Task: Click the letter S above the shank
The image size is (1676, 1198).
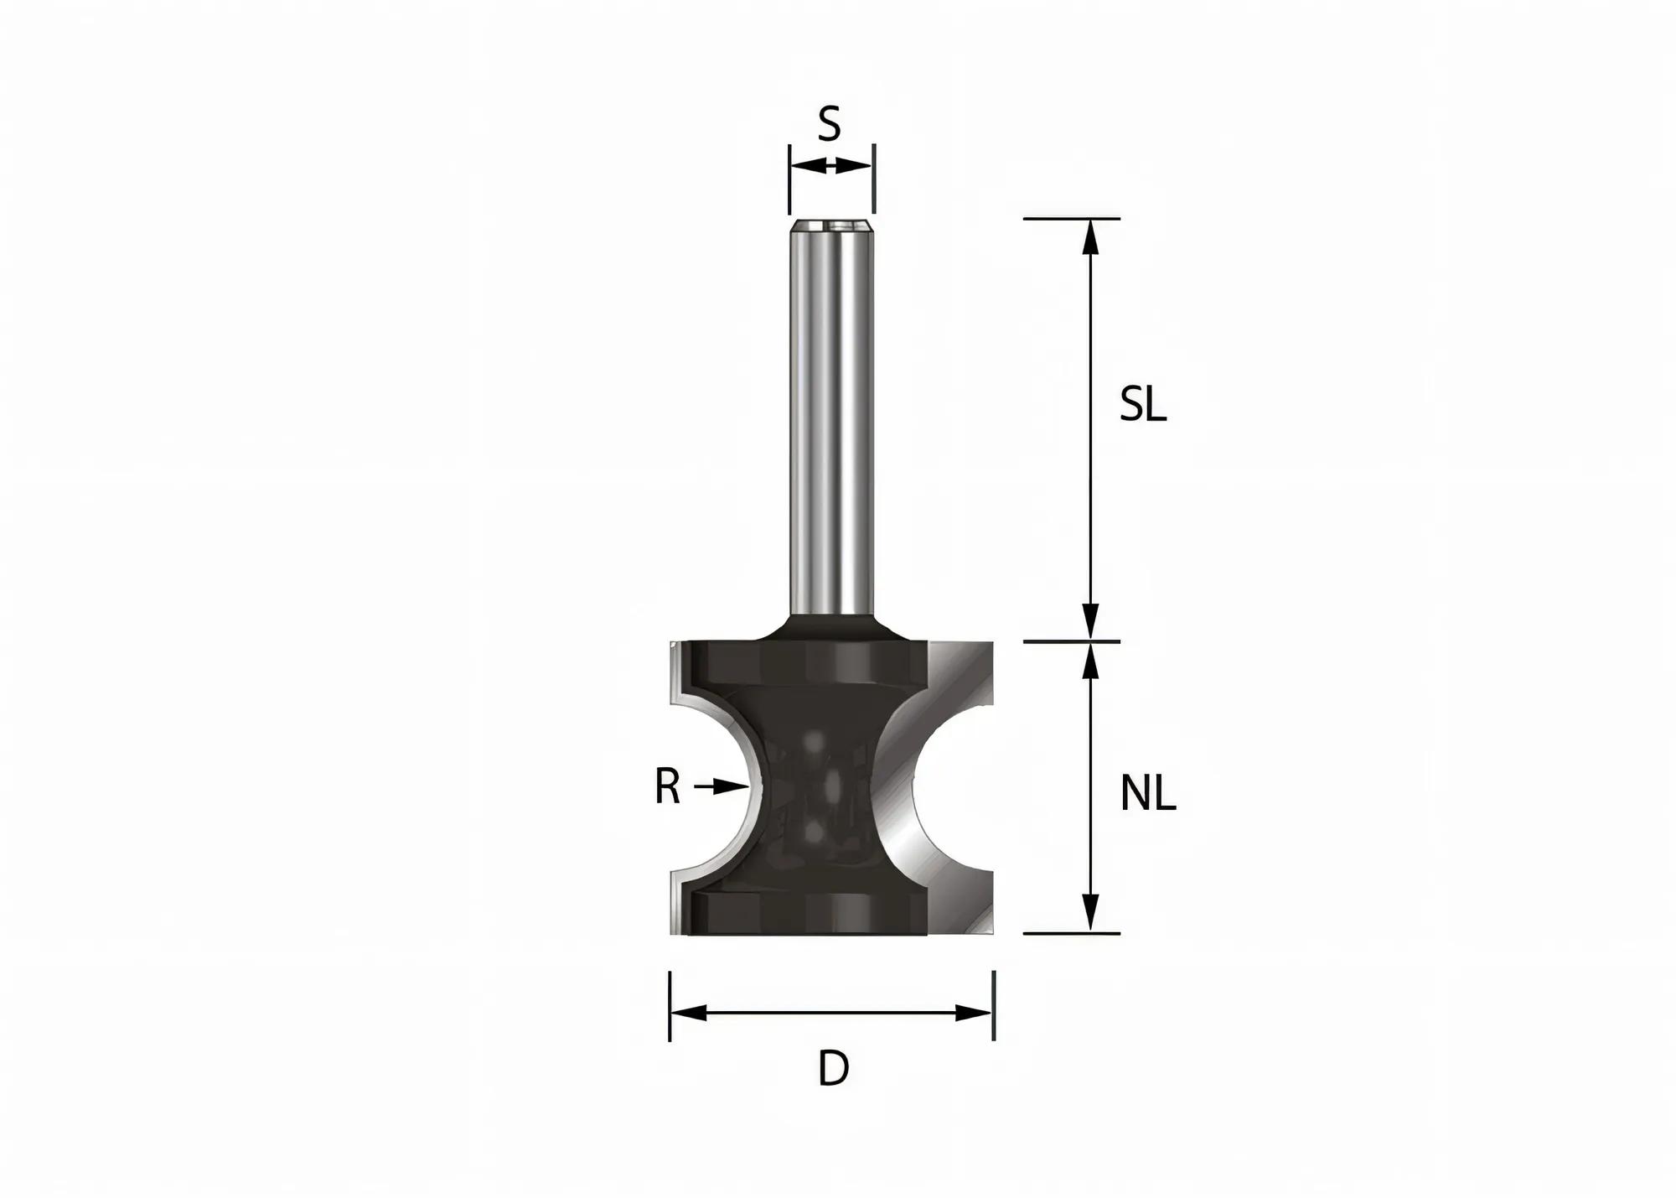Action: pyautogui.click(x=829, y=126)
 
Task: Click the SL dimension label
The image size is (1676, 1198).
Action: pyautogui.click(x=1143, y=406)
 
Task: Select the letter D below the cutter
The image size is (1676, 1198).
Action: pyautogui.click(x=833, y=1069)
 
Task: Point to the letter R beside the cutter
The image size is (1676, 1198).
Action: pyautogui.click(x=667, y=787)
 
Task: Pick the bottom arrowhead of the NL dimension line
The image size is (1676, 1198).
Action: pyautogui.click(x=1089, y=912)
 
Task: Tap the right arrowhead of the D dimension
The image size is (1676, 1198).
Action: pyautogui.click(x=974, y=1013)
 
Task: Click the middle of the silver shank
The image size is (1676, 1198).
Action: pyautogui.click(x=831, y=419)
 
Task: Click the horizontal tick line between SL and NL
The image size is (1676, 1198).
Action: pyautogui.click(x=1071, y=641)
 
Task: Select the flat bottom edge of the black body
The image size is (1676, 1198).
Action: pyautogui.click(x=830, y=932)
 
